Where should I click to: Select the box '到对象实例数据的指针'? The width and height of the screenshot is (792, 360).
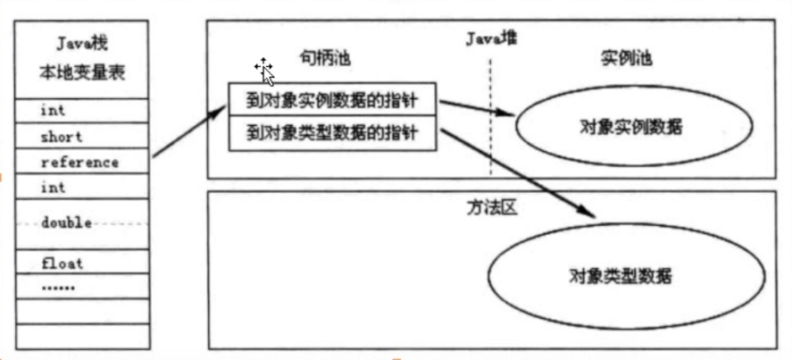click(x=333, y=99)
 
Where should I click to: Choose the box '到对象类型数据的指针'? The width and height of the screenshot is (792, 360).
click(x=333, y=135)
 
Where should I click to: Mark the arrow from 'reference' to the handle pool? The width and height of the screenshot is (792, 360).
click(x=190, y=134)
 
